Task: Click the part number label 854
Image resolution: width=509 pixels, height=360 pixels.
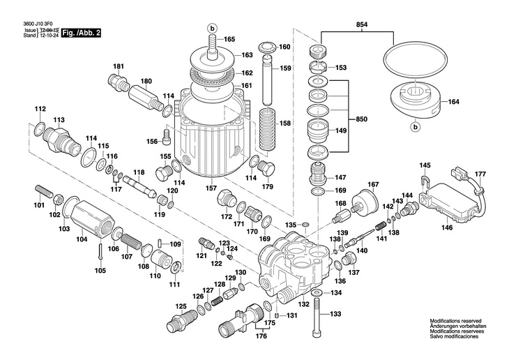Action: (363, 25)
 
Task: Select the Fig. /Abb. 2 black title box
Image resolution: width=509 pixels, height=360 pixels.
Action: (80, 33)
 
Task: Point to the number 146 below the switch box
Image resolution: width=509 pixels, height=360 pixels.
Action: (446, 227)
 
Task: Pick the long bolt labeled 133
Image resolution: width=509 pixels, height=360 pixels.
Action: (317, 310)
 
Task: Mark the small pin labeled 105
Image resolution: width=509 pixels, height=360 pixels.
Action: (101, 249)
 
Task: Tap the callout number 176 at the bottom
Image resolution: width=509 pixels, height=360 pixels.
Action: (261, 336)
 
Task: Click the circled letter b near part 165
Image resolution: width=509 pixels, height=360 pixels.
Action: (213, 28)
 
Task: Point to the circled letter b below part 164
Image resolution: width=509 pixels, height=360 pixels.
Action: (414, 127)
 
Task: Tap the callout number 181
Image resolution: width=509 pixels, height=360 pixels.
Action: (119, 67)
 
